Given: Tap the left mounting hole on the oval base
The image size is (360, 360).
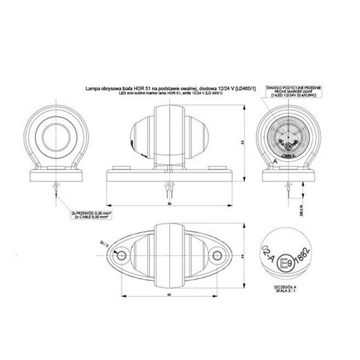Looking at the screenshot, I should pyautogui.click(x=123, y=256).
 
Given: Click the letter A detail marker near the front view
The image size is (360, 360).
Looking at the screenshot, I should pyautogui.click(x=274, y=161).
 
